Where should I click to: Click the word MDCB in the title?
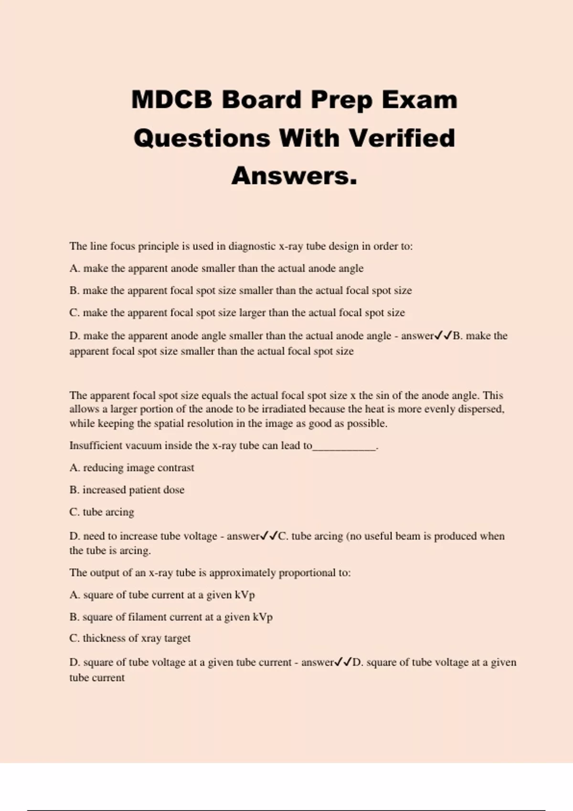pos(171,100)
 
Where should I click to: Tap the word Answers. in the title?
pos(294,176)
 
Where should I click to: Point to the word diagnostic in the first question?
pos(252,246)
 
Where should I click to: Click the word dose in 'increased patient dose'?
pos(174,489)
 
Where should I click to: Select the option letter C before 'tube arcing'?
pos(74,512)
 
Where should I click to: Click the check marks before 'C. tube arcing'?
pos(269,536)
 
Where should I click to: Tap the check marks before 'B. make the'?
pos(443,335)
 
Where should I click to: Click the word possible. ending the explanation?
pos(367,423)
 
